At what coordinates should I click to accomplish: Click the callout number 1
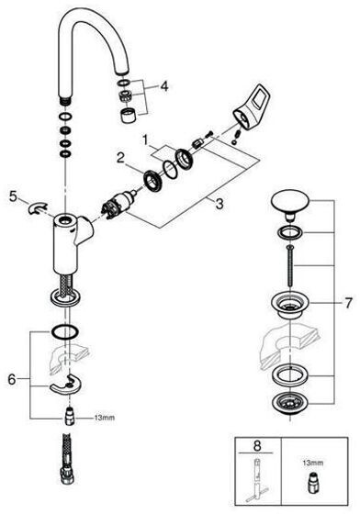[145, 140]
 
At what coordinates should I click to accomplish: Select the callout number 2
[120, 158]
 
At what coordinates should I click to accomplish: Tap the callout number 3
[219, 204]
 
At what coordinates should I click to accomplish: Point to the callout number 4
[164, 86]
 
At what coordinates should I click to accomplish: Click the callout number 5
[13, 196]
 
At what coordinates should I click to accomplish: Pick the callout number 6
[12, 379]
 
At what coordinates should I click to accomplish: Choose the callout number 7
[348, 303]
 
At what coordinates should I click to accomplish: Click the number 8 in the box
[257, 446]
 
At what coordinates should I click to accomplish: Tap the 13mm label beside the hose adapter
[105, 418]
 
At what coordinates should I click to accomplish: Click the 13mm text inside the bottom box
[313, 463]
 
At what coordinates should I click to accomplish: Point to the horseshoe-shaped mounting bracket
[65, 384]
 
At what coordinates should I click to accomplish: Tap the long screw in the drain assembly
[289, 266]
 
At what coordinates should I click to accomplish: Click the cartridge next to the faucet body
[119, 204]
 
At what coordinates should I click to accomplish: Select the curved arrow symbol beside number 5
[38, 208]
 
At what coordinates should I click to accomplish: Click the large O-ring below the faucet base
[64, 333]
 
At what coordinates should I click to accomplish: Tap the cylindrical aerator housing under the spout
[126, 116]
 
